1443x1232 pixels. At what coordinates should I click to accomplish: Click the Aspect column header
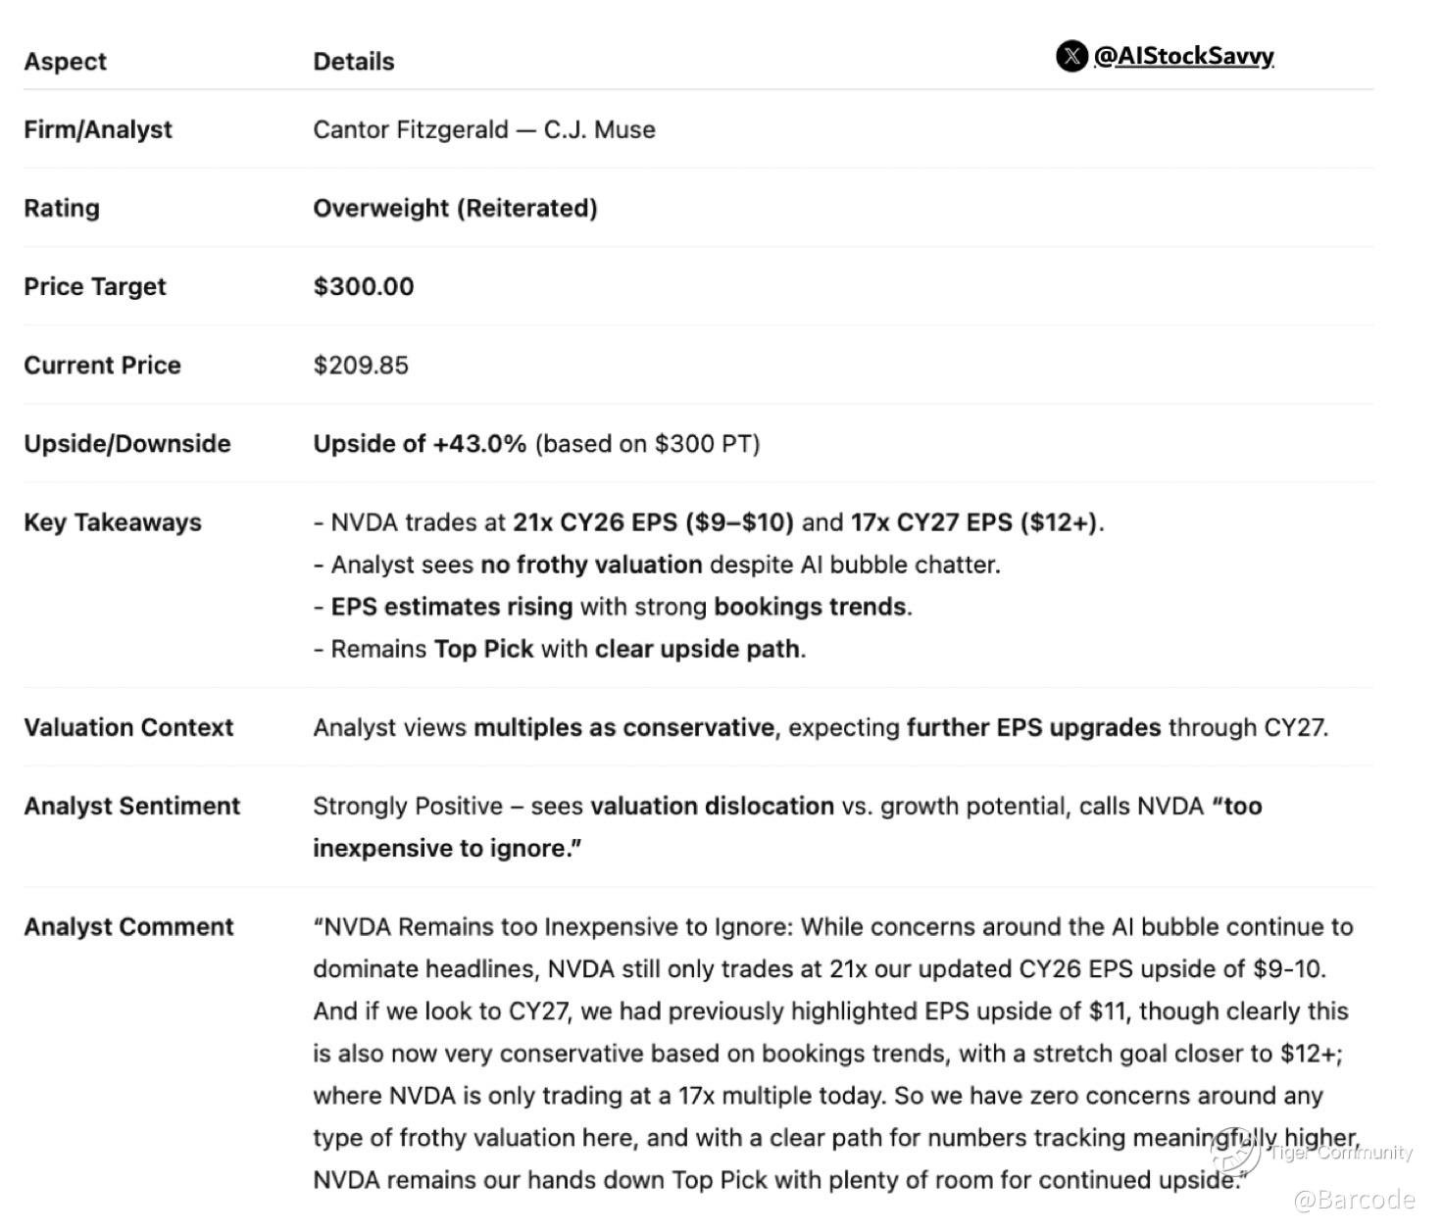point(65,61)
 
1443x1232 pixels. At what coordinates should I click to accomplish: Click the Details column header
point(353,61)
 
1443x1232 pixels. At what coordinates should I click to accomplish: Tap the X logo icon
point(1071,56)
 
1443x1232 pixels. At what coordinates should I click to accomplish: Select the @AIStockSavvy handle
point(1183,56)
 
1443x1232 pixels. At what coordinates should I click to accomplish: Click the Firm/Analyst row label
point(98,129)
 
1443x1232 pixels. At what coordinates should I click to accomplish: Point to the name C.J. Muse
point(599,129)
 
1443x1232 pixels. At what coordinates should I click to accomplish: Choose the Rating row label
point(62,208)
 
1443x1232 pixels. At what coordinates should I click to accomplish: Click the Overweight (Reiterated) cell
point(455,208)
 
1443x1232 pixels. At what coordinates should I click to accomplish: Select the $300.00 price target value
point(363,286)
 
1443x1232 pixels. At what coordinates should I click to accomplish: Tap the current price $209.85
point(361,365)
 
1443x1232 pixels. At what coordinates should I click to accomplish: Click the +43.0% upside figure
point(479,443)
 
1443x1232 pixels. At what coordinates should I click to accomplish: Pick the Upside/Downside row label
point(127,443)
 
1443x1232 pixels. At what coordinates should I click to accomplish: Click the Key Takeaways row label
point(113,521)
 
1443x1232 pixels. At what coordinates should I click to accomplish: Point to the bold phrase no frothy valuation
point(591,565)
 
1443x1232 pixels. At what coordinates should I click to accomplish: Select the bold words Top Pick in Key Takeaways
point(483,649)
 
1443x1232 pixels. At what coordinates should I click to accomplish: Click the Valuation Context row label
point(128,727)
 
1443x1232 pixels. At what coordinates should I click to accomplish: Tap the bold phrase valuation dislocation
point(712,806)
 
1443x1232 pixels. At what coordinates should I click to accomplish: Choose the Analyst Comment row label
point(128,926)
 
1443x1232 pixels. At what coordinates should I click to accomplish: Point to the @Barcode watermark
point(1355,1199)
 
